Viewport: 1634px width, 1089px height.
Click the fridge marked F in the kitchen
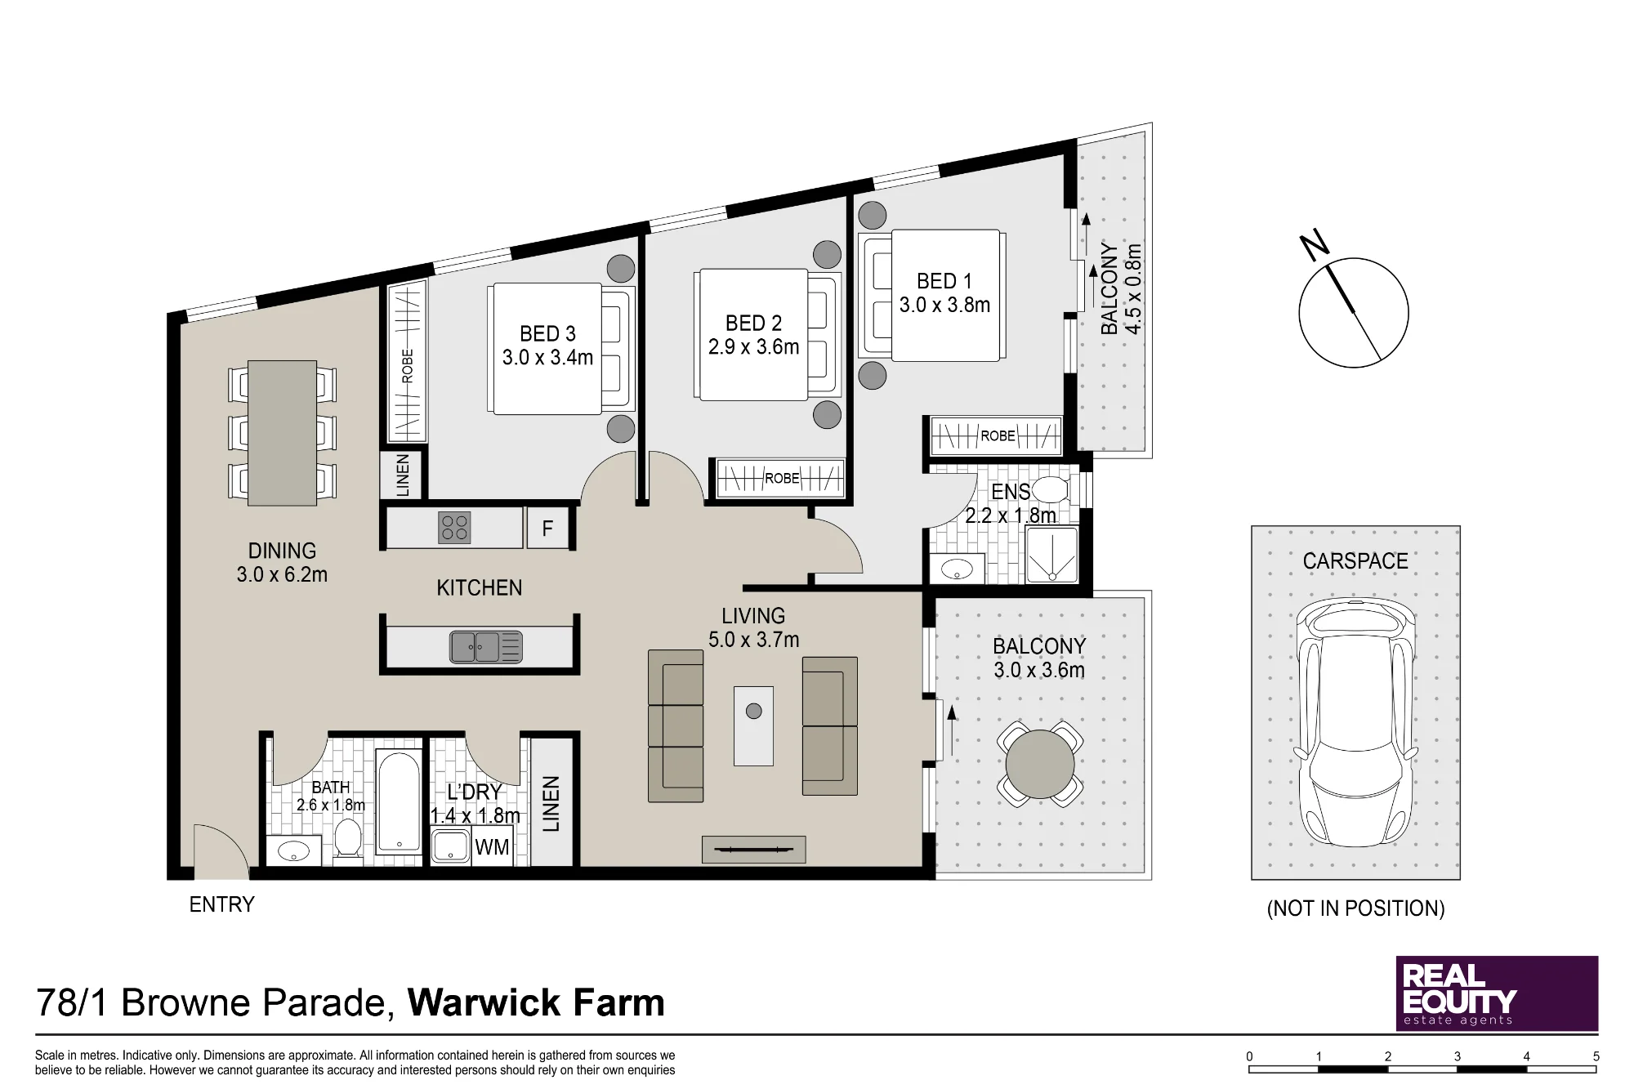(547, 529)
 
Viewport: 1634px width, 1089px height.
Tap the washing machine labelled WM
(493, 846)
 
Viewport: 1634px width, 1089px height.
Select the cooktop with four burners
(454, 528)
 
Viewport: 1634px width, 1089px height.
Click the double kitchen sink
(486, 647)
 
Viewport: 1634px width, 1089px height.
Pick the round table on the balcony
(1040, 764)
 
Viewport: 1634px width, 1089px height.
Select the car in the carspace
(1355, 724)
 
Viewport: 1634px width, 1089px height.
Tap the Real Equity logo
(1497, 993)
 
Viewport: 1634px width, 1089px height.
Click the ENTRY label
(221, 904)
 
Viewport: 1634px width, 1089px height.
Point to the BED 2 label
(753, 323)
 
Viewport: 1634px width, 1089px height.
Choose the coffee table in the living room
(753, 725)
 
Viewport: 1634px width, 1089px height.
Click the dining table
(282, 433)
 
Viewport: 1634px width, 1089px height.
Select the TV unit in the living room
(753, 850)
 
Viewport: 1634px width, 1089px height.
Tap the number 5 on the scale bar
(1596, 1056)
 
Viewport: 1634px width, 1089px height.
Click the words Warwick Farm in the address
(536, 1002)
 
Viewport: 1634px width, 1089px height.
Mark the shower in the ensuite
(1051, 555)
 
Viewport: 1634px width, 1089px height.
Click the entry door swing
(221, 850)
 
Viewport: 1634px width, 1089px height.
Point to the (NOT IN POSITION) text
(1355, 908)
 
